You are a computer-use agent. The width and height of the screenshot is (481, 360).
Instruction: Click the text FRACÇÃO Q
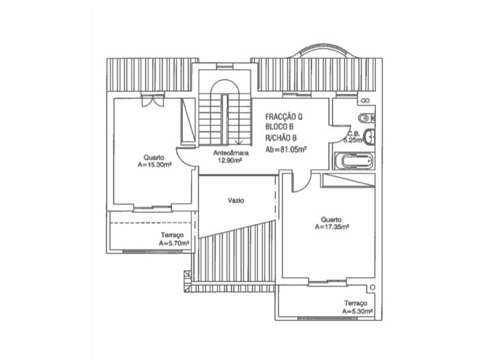[284, 117]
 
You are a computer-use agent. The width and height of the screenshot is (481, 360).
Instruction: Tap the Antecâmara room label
[231, 153]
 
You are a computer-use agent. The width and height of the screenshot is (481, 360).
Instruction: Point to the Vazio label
[236, 200]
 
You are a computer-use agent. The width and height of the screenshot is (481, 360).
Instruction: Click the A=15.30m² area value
[154, 164]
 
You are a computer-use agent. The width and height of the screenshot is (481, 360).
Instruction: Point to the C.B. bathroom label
[353, 134]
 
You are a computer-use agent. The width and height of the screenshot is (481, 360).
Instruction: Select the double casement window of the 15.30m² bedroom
[151, 102]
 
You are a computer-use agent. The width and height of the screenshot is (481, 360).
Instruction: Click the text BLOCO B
[280, 127]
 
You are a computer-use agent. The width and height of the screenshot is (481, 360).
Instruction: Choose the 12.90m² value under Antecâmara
[231, 162]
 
